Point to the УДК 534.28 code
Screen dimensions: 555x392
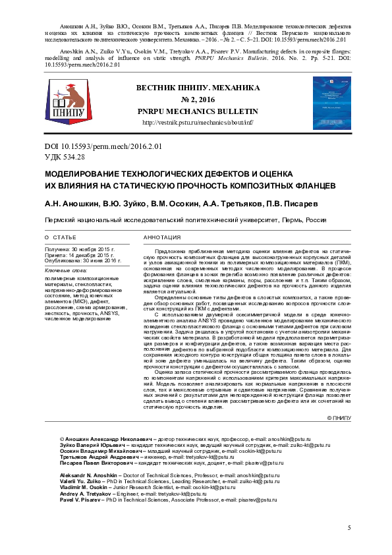[64, 156]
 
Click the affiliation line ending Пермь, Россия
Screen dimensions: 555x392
[184, 219]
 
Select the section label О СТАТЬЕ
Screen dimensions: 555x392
[60, 236]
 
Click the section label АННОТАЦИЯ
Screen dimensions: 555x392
[161, 236]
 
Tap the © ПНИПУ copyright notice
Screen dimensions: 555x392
[339, 418]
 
